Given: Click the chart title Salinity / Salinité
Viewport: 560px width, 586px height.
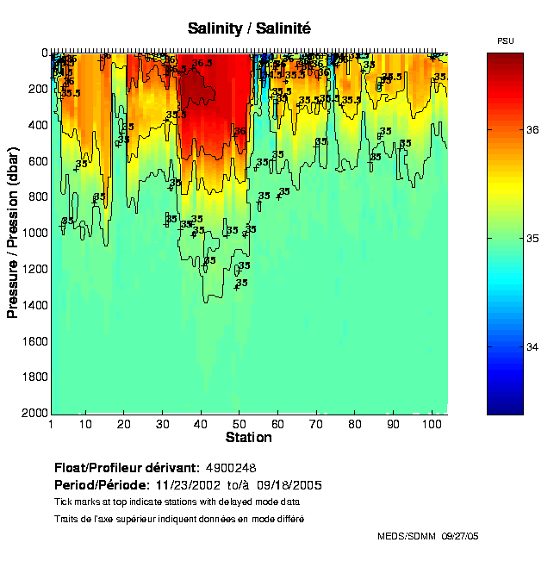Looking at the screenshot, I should coord(249,28).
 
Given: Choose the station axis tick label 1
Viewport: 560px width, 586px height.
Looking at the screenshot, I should coord(52,424).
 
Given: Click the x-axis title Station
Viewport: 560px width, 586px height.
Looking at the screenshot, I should coord(249,438).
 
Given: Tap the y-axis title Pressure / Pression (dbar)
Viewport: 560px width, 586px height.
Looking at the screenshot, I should coord(13,233).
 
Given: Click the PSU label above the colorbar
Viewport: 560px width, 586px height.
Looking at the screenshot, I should coord(506,41).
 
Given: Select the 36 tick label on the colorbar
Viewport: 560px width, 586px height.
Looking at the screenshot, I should coord(532,129).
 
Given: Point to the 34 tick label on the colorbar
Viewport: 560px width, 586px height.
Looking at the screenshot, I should coord(532,346).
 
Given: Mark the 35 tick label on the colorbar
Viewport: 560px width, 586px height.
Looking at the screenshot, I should coord(532,238).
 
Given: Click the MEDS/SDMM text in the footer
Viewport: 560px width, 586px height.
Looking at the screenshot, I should coord(407,536).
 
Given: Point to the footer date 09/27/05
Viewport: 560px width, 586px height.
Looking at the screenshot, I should coord(460,536).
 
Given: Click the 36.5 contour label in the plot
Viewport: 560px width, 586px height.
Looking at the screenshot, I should coord(202,64).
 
